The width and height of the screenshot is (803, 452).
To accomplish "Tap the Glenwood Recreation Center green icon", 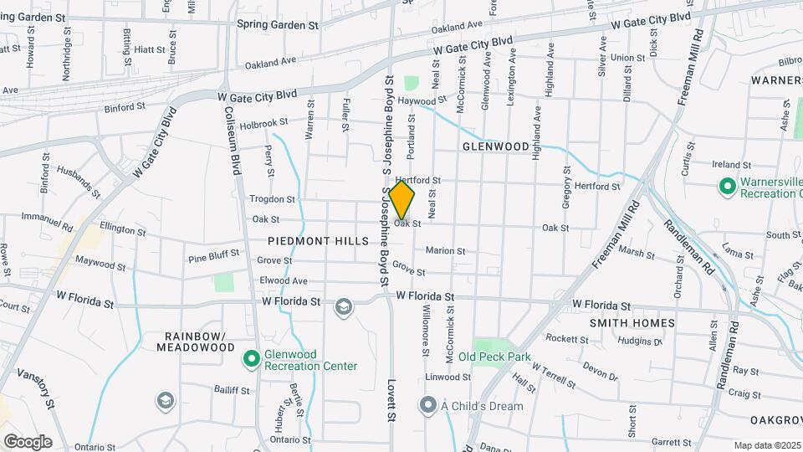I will (x=250, y=359).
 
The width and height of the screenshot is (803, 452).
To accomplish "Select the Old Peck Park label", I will (x=494, y=357).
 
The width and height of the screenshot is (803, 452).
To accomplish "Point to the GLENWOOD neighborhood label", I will (x=496, y=146).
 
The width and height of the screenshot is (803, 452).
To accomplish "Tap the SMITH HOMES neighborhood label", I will (x=632, y=323).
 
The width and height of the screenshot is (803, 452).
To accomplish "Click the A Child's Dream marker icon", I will (x=428, y=407).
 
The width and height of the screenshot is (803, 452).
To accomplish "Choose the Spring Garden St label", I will (x=279, y=25).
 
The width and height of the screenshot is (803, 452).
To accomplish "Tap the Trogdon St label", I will (x=272, y=200).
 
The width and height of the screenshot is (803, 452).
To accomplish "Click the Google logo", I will (x=28, y=441).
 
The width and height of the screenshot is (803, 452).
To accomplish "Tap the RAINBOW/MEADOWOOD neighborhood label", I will (x=195, y=341).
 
